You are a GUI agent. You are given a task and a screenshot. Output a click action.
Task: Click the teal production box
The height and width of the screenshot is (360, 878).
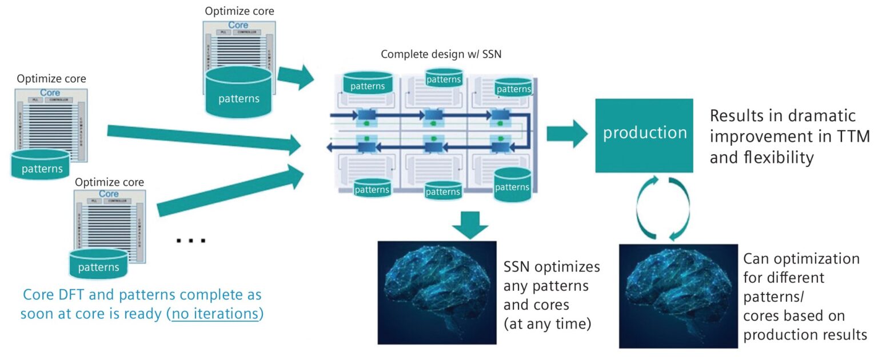pyautogui.click(x=644, y=135)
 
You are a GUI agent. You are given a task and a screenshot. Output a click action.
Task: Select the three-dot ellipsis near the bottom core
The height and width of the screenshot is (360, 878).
pyautogui.click(x=190, y=241)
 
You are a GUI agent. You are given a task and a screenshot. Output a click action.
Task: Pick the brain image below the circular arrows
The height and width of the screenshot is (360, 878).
pyautogui.click(x=678, y=295)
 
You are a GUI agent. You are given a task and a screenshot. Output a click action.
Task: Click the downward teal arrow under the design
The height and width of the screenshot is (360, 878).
pyautogui.click(x=470, y=226)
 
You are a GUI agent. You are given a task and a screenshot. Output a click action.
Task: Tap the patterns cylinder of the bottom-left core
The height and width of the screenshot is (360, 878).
pyautogui.click(x=99, y=263)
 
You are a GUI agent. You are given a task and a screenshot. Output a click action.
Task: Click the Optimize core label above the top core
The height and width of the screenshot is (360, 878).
pyautogui.click(x=240, y=11)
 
